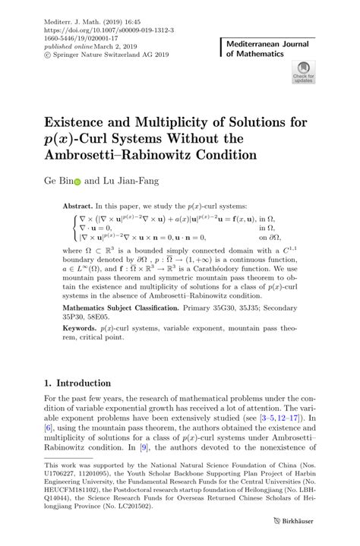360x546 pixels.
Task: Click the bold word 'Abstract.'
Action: (77, 207)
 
